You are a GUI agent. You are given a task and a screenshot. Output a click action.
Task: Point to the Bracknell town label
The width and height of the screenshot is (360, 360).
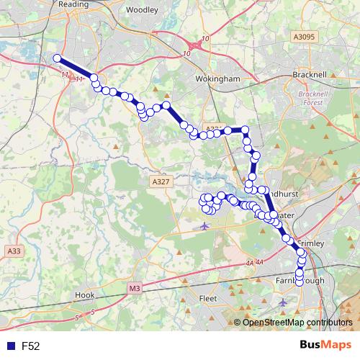pyautogui.click(x=310, y=74)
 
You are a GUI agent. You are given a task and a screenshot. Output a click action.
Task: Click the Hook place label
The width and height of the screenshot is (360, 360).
pyautogui.click(x=84, y=295)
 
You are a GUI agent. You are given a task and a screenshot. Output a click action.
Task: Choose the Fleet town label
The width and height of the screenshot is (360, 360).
pyautogui.click(x=207, y=298)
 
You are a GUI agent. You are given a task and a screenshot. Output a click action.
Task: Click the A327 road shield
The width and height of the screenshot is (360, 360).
pyautogui.click(x=161, y=183)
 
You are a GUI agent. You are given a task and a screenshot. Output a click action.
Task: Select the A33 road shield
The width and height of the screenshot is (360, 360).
pyautogui.click(x=13, y=251)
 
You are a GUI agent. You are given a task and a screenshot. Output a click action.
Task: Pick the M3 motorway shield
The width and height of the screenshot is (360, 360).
pyautogui.click(x=135, y=289)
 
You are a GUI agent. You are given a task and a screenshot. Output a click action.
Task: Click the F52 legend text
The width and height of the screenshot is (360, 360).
pyautogui.click(x=30, y=346)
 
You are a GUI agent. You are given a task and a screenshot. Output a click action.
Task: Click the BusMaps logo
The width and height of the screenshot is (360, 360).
pyautogui.click(x=325, y=346)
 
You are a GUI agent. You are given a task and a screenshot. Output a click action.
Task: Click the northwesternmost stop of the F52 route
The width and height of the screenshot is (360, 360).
pyautogui.click(x=57, y=59)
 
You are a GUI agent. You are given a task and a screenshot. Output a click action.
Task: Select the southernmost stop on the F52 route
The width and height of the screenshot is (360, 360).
pyautogui.click(x=300, y=282)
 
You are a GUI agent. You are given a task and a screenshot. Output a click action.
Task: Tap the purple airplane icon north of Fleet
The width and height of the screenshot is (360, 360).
pyautogui.click(x=204, y=226)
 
